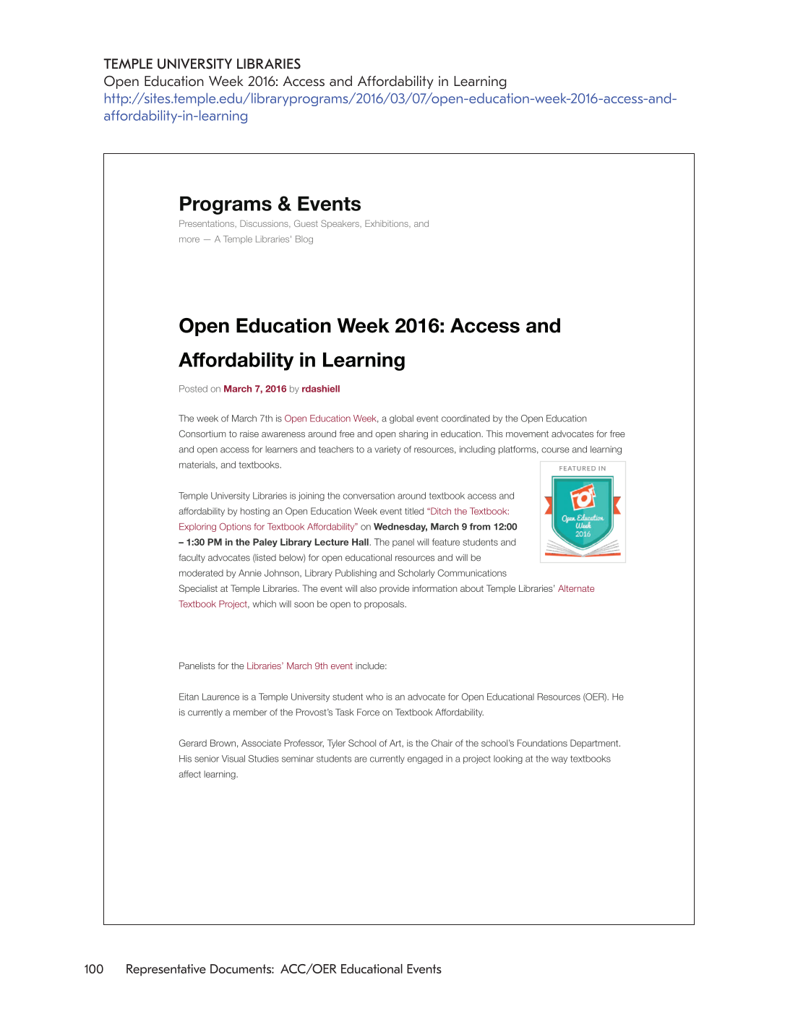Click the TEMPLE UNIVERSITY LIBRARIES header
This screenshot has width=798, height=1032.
[x=202, y=64]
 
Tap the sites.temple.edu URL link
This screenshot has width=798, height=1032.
[x=390, y=99]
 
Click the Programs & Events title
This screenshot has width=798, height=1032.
[x=270, y=205]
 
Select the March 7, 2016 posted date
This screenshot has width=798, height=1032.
[x=254, y=389]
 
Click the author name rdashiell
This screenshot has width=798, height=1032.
[x=320, y=389]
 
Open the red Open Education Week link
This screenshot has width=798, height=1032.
[x=330, y=418]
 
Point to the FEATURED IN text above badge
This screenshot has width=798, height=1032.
[x=582, y=468]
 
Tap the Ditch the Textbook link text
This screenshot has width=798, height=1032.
[x=469, y=512]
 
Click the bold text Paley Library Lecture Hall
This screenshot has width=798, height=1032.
[x=311, y=543]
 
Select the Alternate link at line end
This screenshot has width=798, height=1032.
[x=576, y=589]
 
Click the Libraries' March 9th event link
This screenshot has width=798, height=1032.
[x=299, y=666]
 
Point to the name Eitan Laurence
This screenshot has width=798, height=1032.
[x=209, y=697]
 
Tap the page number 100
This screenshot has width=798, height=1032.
[x=94, y=969]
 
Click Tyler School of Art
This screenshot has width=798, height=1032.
[x=364, y=744]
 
